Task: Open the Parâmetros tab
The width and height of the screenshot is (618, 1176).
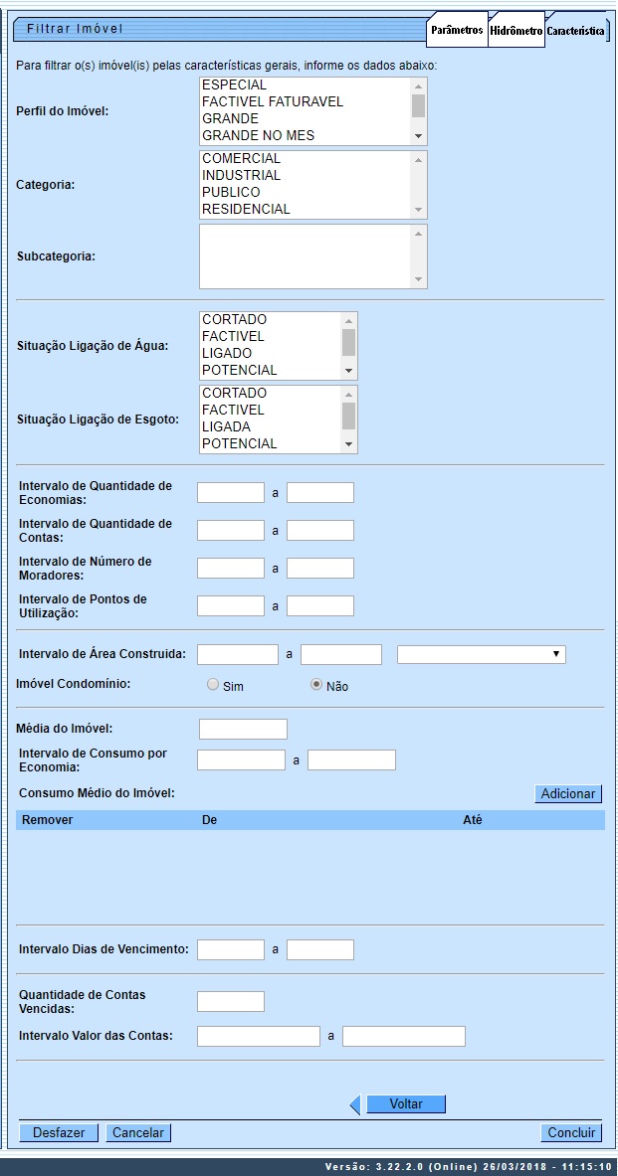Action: click(457, 31)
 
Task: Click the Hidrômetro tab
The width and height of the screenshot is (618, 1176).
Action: click(515, 31)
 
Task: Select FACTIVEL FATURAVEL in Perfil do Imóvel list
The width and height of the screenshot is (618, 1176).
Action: click(272, 101)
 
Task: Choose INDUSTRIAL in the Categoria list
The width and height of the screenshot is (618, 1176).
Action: click(241, 175)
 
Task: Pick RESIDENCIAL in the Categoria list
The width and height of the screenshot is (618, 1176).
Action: click(246, 209)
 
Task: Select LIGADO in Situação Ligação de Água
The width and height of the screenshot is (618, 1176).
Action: click(227, 353)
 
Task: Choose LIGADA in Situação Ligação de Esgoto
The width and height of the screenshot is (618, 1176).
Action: click(226, 426)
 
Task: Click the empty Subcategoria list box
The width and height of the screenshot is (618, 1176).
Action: click(305, 256)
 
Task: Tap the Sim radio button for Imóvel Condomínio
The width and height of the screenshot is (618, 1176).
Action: click(213, 685)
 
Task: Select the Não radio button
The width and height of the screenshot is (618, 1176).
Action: click(317, 685)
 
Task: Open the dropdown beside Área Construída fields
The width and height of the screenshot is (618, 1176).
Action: click(481, 654)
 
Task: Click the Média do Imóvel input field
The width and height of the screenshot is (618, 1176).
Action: click(243, 730)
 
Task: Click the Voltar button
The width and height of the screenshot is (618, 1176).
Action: click(405, 1104)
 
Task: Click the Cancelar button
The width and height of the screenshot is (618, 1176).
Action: click(137, 1132)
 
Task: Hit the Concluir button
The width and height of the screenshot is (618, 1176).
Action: click(571, 1132)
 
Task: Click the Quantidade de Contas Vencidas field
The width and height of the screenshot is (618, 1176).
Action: click(231, 1001)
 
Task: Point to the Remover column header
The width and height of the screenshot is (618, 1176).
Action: click(48, 820)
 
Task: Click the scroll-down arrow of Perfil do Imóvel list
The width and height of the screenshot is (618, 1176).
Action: click(419, 135)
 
